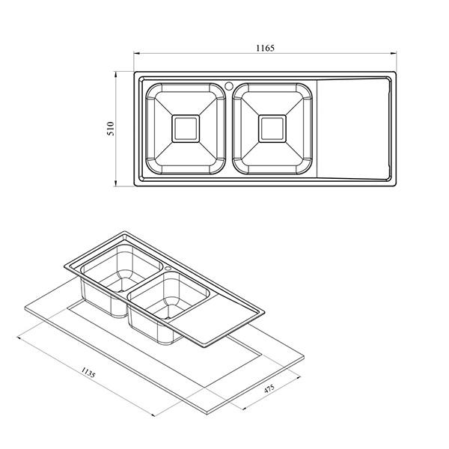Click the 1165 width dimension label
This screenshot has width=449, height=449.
tap(265, 48)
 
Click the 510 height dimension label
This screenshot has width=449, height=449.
tap(111, 129)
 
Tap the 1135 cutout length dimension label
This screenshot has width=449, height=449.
tap(88, 373)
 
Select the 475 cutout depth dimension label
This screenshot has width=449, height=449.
tap(269, 388)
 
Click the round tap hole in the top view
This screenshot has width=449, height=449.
tap(229, 86)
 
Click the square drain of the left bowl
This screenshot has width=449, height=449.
tap(186, 129)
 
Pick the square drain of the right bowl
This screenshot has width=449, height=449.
tap(272, 129)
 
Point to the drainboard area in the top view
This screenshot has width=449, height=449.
tap(354, 129)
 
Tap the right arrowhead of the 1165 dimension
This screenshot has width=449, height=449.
tap(394, 53)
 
